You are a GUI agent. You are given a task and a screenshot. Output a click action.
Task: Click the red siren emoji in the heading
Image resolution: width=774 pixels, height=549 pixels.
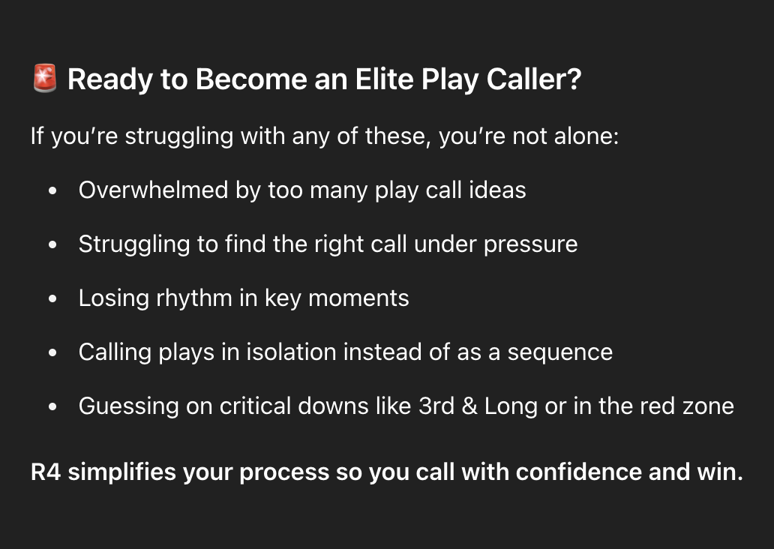point(45,78)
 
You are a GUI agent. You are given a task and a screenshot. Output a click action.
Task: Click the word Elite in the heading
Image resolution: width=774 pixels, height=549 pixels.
point(384,79)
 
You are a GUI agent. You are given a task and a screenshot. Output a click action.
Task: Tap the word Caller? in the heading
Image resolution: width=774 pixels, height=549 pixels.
point(534,79)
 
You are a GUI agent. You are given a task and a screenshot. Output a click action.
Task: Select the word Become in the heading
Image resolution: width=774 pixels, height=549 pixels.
point(251,79)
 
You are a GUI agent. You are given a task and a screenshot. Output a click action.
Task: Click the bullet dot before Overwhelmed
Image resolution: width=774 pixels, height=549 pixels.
point(52,190)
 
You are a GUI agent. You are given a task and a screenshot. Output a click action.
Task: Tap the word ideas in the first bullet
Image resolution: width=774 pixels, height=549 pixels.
point(497,190)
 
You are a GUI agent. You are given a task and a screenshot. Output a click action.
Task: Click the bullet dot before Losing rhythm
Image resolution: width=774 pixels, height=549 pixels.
point(52,298)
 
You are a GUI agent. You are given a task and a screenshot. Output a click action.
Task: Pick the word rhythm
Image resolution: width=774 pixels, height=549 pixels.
point(194,298)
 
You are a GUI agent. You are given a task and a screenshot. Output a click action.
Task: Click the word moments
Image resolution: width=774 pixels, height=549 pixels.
point(358,298)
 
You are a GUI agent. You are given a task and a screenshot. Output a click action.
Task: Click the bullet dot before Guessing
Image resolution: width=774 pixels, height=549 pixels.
point(52,406)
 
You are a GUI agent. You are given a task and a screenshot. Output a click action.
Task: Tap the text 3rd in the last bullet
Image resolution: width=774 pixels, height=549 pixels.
point(436,406)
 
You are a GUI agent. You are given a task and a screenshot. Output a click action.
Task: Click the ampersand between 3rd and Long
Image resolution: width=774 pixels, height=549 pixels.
point(469,406)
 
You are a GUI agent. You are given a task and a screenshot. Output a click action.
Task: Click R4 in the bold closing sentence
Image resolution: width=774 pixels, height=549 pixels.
point(46,472)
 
